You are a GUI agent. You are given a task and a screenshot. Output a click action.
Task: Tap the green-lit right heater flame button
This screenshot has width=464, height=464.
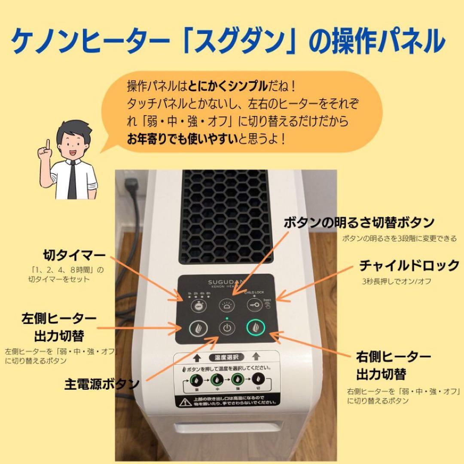[256, 328]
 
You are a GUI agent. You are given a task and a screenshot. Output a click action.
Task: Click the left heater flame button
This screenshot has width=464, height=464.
[198, 329]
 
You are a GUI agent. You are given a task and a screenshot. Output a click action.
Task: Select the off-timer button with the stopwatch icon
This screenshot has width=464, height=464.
[198, 306]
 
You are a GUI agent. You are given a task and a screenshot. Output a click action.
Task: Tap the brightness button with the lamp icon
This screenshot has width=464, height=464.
[227, 306]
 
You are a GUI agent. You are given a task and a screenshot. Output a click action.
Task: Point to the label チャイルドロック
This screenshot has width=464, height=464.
[409, 266]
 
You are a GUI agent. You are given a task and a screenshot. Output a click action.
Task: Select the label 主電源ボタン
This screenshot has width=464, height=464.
[102, 383]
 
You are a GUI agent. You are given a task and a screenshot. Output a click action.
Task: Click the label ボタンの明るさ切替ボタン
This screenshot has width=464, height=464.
[359, 223]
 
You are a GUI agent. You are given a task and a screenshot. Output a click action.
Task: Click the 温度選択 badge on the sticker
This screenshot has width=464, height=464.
[226, 357]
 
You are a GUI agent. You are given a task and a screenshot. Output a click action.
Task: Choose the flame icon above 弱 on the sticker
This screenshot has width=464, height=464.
[196, 380]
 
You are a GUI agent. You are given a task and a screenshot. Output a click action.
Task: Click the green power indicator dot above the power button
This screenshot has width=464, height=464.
[227, 318]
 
